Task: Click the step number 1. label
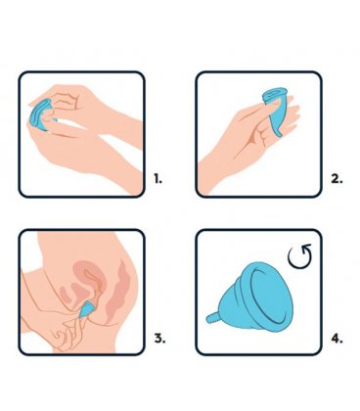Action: click(x=157, y=179)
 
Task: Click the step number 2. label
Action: click(x=337, y=179)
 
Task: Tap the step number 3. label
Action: click(x=159, y=339)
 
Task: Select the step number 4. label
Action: click(x=337, y=339)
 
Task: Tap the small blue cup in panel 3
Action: click(x=85, y=310)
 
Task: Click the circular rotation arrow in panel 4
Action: click(x=300, y=256)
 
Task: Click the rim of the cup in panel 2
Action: click(x=274, y=94)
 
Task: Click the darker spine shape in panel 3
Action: click(x=118, y=291)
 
